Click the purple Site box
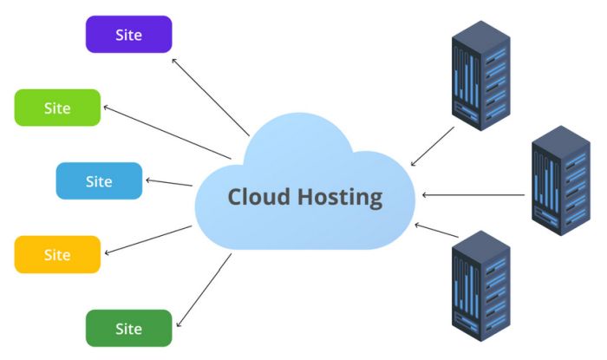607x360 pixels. [128, 34]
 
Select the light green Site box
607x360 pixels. [57, 108]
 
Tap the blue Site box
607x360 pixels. [99, 180]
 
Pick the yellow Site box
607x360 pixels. [57, 254]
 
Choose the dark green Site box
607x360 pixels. [128, 328]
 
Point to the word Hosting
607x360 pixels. [337, 197]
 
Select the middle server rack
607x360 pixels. [559, 182]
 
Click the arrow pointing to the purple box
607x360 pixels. [211, 96]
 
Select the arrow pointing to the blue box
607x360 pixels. [169, 182]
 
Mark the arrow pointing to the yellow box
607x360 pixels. [147, 240]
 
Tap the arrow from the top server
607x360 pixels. [432, 146]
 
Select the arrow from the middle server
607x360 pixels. [473, 195]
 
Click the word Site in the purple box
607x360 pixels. [128, 35]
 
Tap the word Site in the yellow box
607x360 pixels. [57, 255]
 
